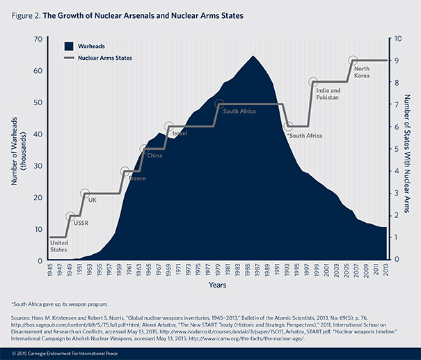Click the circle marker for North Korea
click(x=353, y=61)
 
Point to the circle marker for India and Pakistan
click(x=314, y=83)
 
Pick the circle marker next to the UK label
click(x=86, y=194)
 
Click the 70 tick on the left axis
click(x=40, y=40)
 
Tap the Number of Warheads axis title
click(x=19, y=149)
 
